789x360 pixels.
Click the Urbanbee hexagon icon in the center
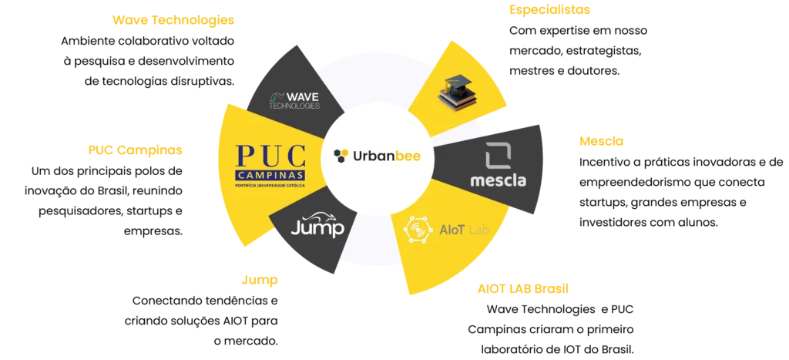(x=341, y=156)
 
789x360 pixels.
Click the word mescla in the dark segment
(x=498, y=181)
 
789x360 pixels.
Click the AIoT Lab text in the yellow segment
(x=465, y=230)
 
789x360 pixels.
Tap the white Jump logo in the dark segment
(x=317, y=225)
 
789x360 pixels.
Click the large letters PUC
(x=270, y=157)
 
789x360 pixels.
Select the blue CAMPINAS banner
(x=270, y=177)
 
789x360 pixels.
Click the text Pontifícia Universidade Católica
(x=270, y=186)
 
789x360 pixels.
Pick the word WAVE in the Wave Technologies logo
(x=303, y=97)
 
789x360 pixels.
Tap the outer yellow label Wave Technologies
(x=172, y=20)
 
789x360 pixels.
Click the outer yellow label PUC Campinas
(x=135, y=151)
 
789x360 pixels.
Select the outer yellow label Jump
(x=259, y=281)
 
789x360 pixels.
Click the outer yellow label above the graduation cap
(x=549, y=11)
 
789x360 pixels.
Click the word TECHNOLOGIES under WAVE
(x=294, y=106)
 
